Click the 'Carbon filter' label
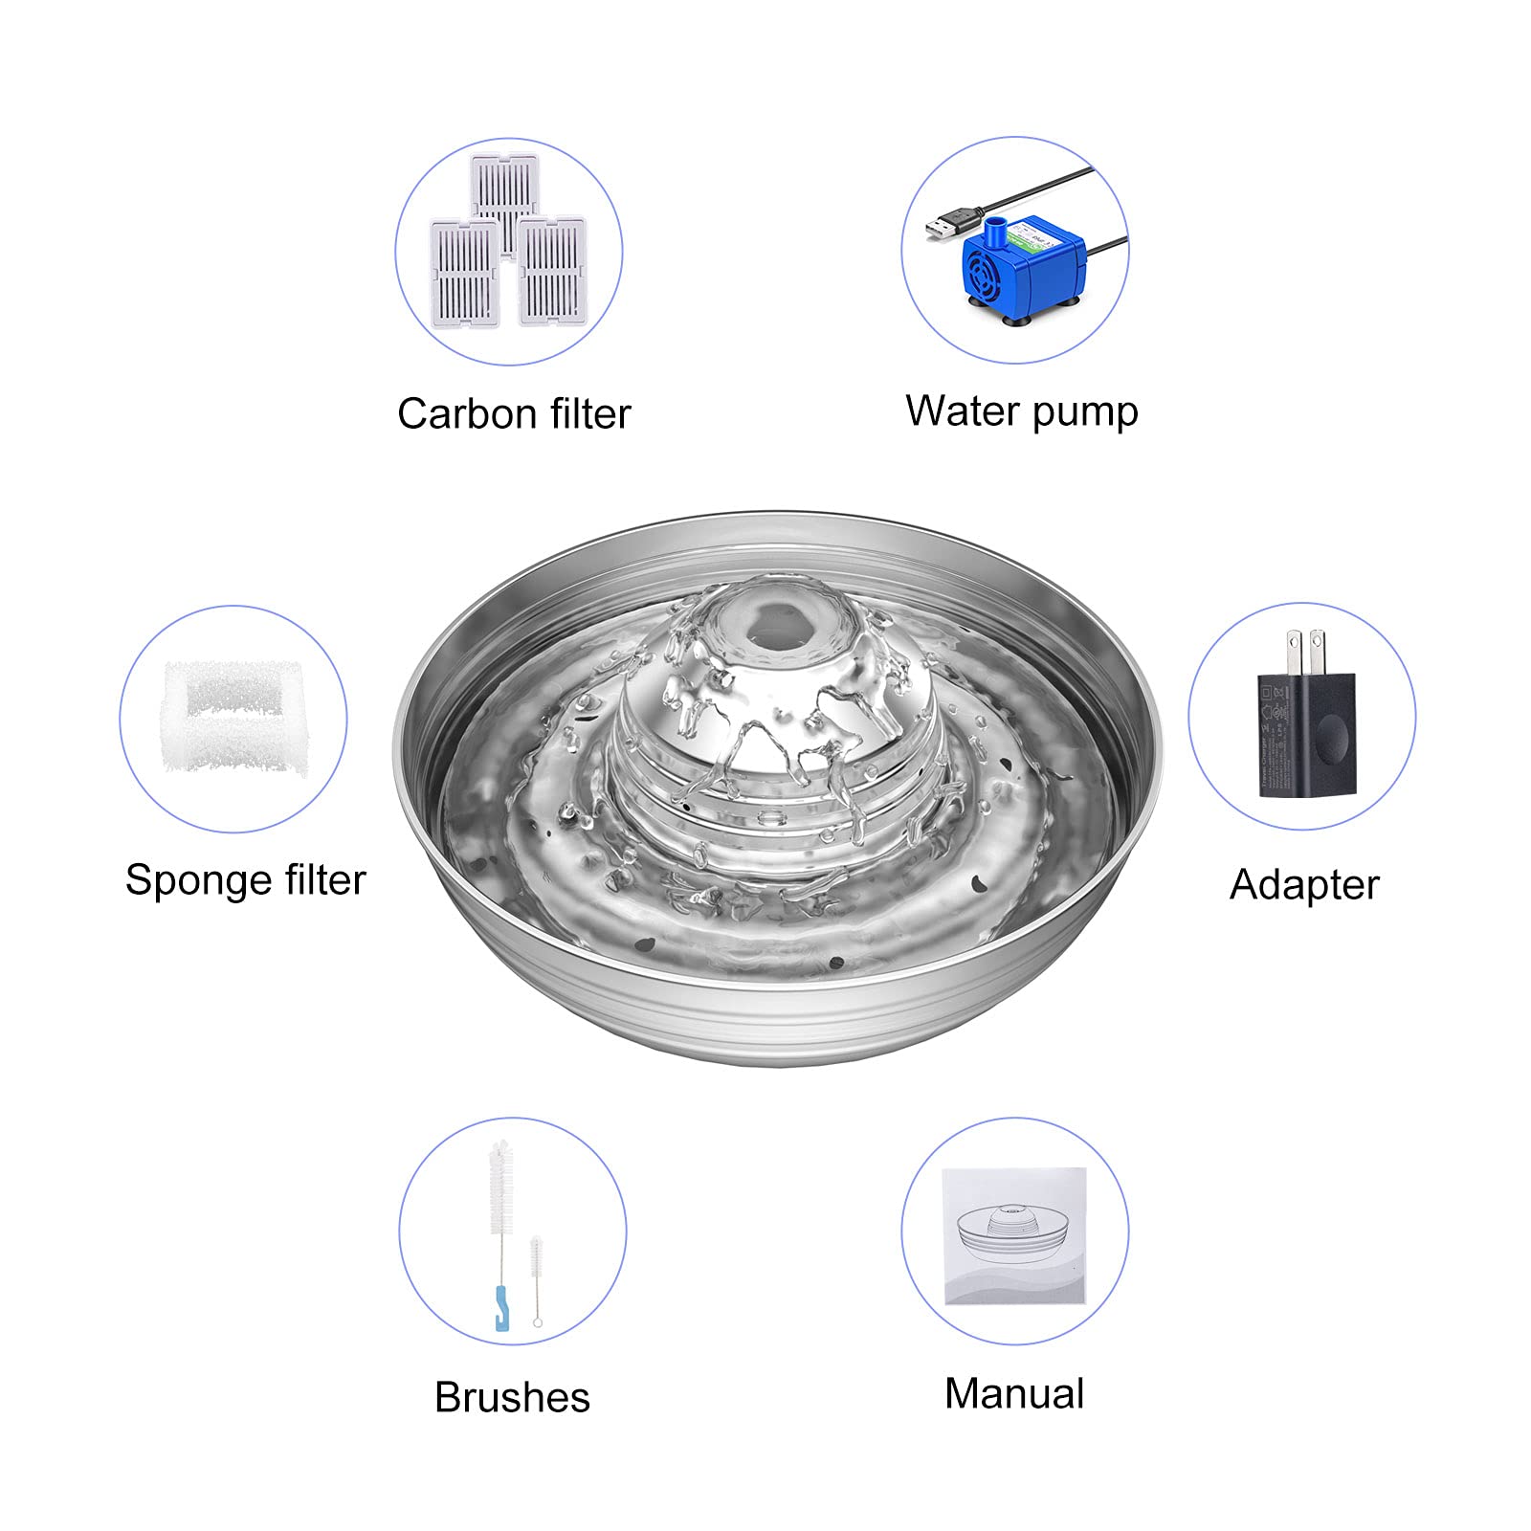click(514, 414)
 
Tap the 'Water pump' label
click(1022, 411)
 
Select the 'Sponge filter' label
click(245, 880)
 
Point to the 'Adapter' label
click(1304, 885)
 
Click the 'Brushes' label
click(512, 1397)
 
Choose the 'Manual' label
click(1014, 1393)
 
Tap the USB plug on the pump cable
click(951, 225)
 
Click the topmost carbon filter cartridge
click(504, 195)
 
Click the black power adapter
click(1306, 733)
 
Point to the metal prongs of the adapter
click(1307, 652)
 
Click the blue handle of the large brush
click(500, 1307)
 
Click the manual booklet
click(1014, 1235)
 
